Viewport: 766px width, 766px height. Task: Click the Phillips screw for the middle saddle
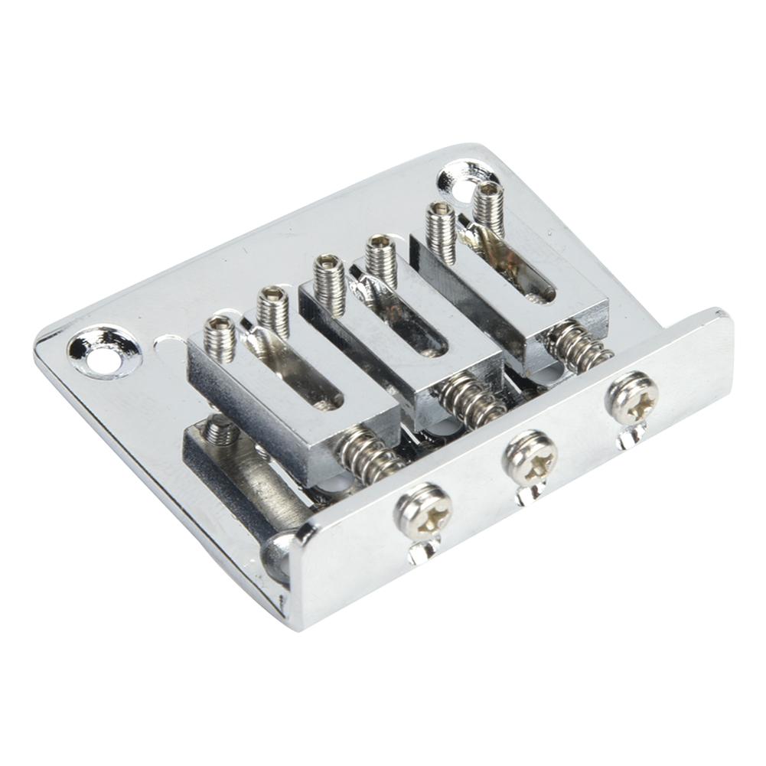click(530, 457)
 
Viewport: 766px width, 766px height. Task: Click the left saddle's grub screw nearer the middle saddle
click(272, 310)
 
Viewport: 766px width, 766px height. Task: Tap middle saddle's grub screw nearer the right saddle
click(380, 259)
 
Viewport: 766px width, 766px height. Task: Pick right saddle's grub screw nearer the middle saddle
click(441, 229)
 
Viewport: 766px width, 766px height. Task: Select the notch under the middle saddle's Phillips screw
click(527, 495)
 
